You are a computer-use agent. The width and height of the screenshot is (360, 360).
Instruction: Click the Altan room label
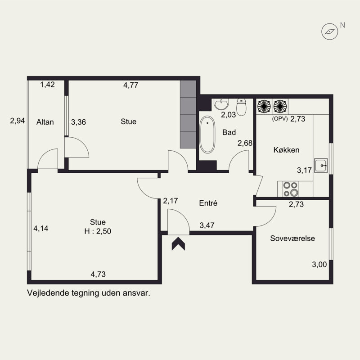(45, 122)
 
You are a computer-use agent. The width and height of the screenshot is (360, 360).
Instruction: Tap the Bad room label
(229, 132)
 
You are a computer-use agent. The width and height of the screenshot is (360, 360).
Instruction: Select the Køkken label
(286, 150)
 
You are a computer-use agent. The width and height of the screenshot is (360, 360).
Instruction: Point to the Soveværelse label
(292, 238)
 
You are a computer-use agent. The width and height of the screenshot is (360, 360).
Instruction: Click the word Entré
(208, 203)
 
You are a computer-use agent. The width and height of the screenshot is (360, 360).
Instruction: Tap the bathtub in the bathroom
(207, 134)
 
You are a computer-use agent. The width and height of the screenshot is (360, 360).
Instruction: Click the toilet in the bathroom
(241, 107)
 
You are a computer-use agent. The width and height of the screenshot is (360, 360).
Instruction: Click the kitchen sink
(321, 165)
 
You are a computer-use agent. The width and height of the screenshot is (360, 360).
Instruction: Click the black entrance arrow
(178, 243)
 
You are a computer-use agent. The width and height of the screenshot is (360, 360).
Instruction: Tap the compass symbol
(330, 31)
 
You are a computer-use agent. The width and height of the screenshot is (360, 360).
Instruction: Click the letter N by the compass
(342, 25)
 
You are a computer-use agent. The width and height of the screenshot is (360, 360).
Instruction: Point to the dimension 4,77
(130, 85)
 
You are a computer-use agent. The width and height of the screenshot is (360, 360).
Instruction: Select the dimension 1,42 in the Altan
(48, 85)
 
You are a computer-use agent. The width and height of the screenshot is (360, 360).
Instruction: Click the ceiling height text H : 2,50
(98, 231)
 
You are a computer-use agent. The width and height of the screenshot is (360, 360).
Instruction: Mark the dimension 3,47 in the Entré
(207, 225)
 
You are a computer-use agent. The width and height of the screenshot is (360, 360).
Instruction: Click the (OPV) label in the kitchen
(279, 119)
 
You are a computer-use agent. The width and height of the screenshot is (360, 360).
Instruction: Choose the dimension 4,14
(41, 229)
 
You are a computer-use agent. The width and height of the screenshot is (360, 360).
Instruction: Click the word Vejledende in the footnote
(48, 293)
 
